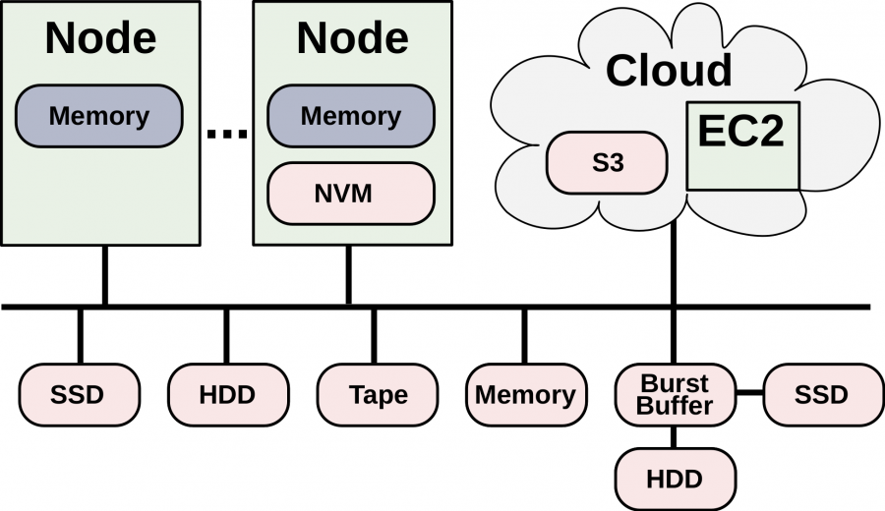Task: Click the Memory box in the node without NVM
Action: [98, 116]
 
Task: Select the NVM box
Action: [350, 194]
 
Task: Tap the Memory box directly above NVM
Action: [350, 116]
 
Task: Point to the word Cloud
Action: [669, 71]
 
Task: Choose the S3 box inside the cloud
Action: [608, 163]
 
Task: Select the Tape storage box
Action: [378, 395]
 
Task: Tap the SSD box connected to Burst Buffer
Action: [821, 395]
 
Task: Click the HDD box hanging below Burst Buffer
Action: [675, 479]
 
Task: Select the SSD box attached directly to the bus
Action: [79, 395]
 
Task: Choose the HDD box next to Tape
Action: [227, 395]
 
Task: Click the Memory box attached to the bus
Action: [525, 395]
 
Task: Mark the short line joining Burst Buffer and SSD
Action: [750, 394]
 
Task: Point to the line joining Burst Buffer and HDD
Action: [675, 437]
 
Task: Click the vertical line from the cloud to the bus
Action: [674, 265]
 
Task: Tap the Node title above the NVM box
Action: [352, 37]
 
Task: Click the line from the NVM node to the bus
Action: [348, 275]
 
